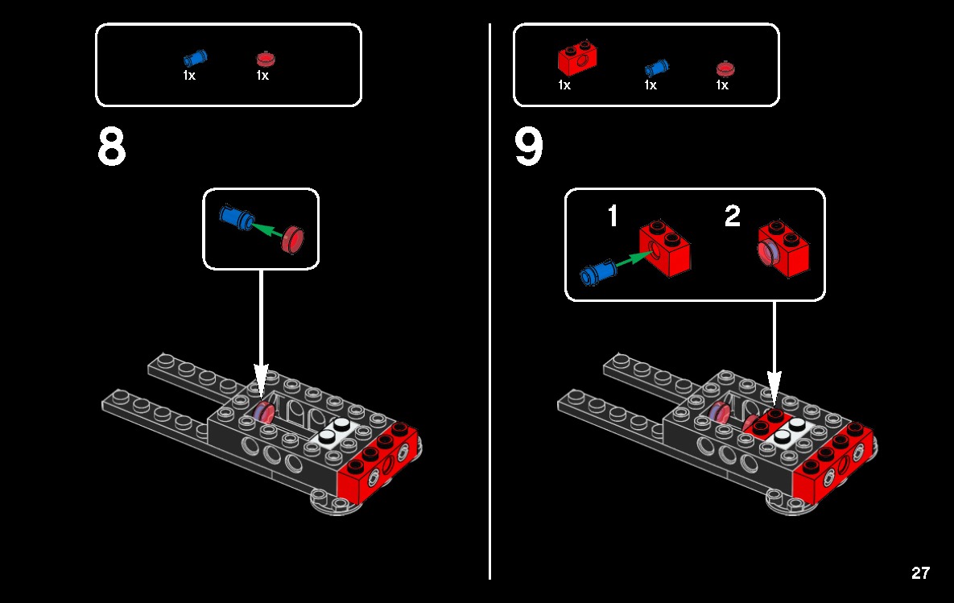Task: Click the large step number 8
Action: click(112, 147)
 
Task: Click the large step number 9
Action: click(529, 147)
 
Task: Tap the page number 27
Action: click(920, 573)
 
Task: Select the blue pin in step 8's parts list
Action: click(195, 58)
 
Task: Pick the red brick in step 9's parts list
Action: click(576, 59)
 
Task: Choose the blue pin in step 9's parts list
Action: click(657, 67)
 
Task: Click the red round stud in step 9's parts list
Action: click(724, 68)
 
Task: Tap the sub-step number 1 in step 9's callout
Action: click(613, 216)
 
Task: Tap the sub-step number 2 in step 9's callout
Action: click(732, 216)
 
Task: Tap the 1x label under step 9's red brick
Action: click(564, 85)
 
